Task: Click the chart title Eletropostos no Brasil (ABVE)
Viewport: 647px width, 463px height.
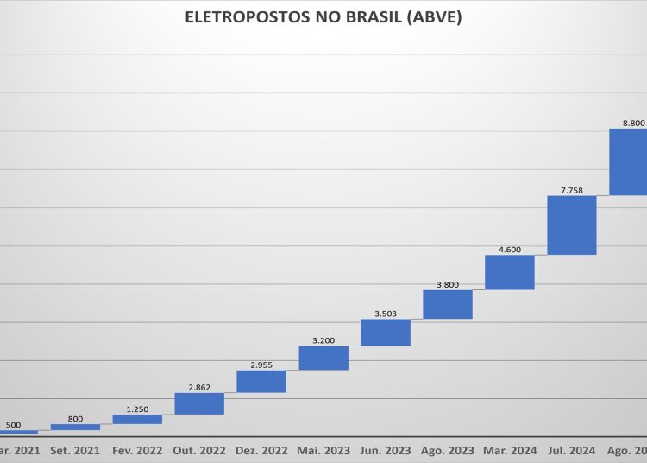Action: point(323,17)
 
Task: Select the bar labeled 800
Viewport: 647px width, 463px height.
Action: point(75,427)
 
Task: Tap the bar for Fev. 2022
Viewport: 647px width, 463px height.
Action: point(137,419)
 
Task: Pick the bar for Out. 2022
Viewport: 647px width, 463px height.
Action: point(199,403)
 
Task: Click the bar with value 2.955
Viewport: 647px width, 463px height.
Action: point(261,381)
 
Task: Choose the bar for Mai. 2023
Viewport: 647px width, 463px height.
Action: point(323,358)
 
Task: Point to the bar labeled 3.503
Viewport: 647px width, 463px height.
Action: point(386,333)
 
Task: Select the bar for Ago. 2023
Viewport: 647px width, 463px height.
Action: point(448,304)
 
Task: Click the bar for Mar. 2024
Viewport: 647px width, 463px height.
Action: point(510,272)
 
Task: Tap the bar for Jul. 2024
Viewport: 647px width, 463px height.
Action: point(572,225)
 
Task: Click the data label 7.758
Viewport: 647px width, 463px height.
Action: point(572,189)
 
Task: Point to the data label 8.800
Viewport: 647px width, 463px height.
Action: point(632,123)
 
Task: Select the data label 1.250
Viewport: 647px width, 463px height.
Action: point(137,409)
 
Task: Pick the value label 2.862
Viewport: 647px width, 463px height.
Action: point(199,387)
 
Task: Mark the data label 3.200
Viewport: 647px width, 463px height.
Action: point(323,340)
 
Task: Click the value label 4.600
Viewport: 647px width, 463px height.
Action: point(510,250)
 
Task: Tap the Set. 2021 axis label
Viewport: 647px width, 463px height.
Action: point(75,450)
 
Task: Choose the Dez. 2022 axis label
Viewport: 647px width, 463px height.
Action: point(261,450)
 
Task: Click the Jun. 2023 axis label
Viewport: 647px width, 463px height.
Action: point(386,450)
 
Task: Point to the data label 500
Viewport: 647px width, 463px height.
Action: point(13,424)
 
